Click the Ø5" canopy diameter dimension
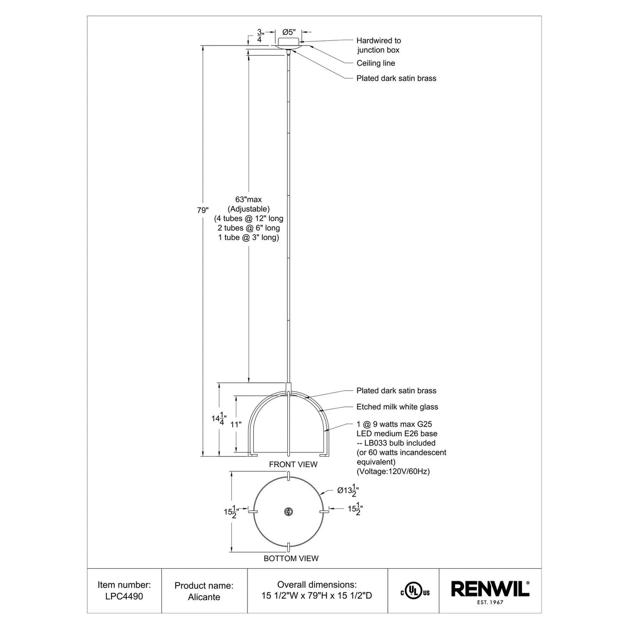click(289, 32)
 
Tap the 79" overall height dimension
click(203, 210)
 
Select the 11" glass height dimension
click(236, 425)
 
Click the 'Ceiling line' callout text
click(376, 63)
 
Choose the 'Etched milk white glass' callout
click(397, 407)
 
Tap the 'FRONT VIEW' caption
click(293, 464)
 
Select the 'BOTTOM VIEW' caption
click(291, 558)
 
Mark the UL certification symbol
click(415, 592)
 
